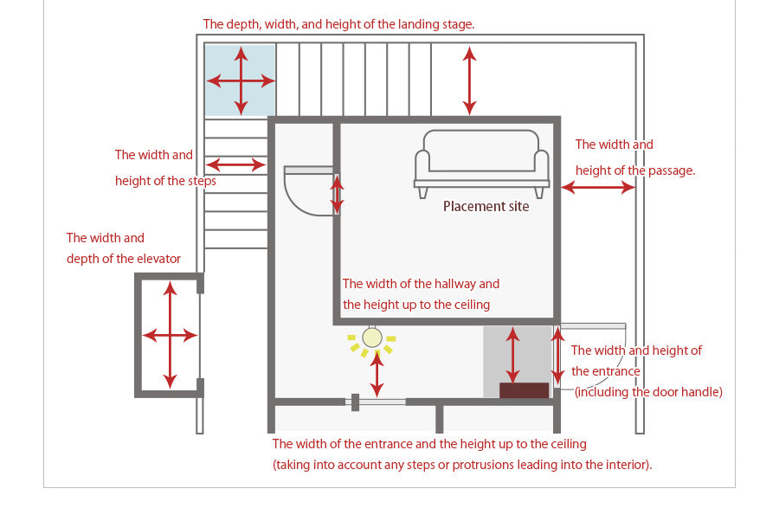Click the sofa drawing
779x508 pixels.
point(481,162)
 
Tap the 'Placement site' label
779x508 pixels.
point(486,206)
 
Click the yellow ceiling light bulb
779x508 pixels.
point(372,338)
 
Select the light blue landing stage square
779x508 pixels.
point(241,80)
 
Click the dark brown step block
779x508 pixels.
point(524,390)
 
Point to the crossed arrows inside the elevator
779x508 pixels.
point(170,334)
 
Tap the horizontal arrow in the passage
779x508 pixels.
point(597,187)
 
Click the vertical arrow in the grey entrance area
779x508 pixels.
point(512,354)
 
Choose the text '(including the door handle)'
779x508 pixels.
point(647,392)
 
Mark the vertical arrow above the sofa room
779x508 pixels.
point(469,80)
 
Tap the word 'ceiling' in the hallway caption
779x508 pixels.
point(470,304)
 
